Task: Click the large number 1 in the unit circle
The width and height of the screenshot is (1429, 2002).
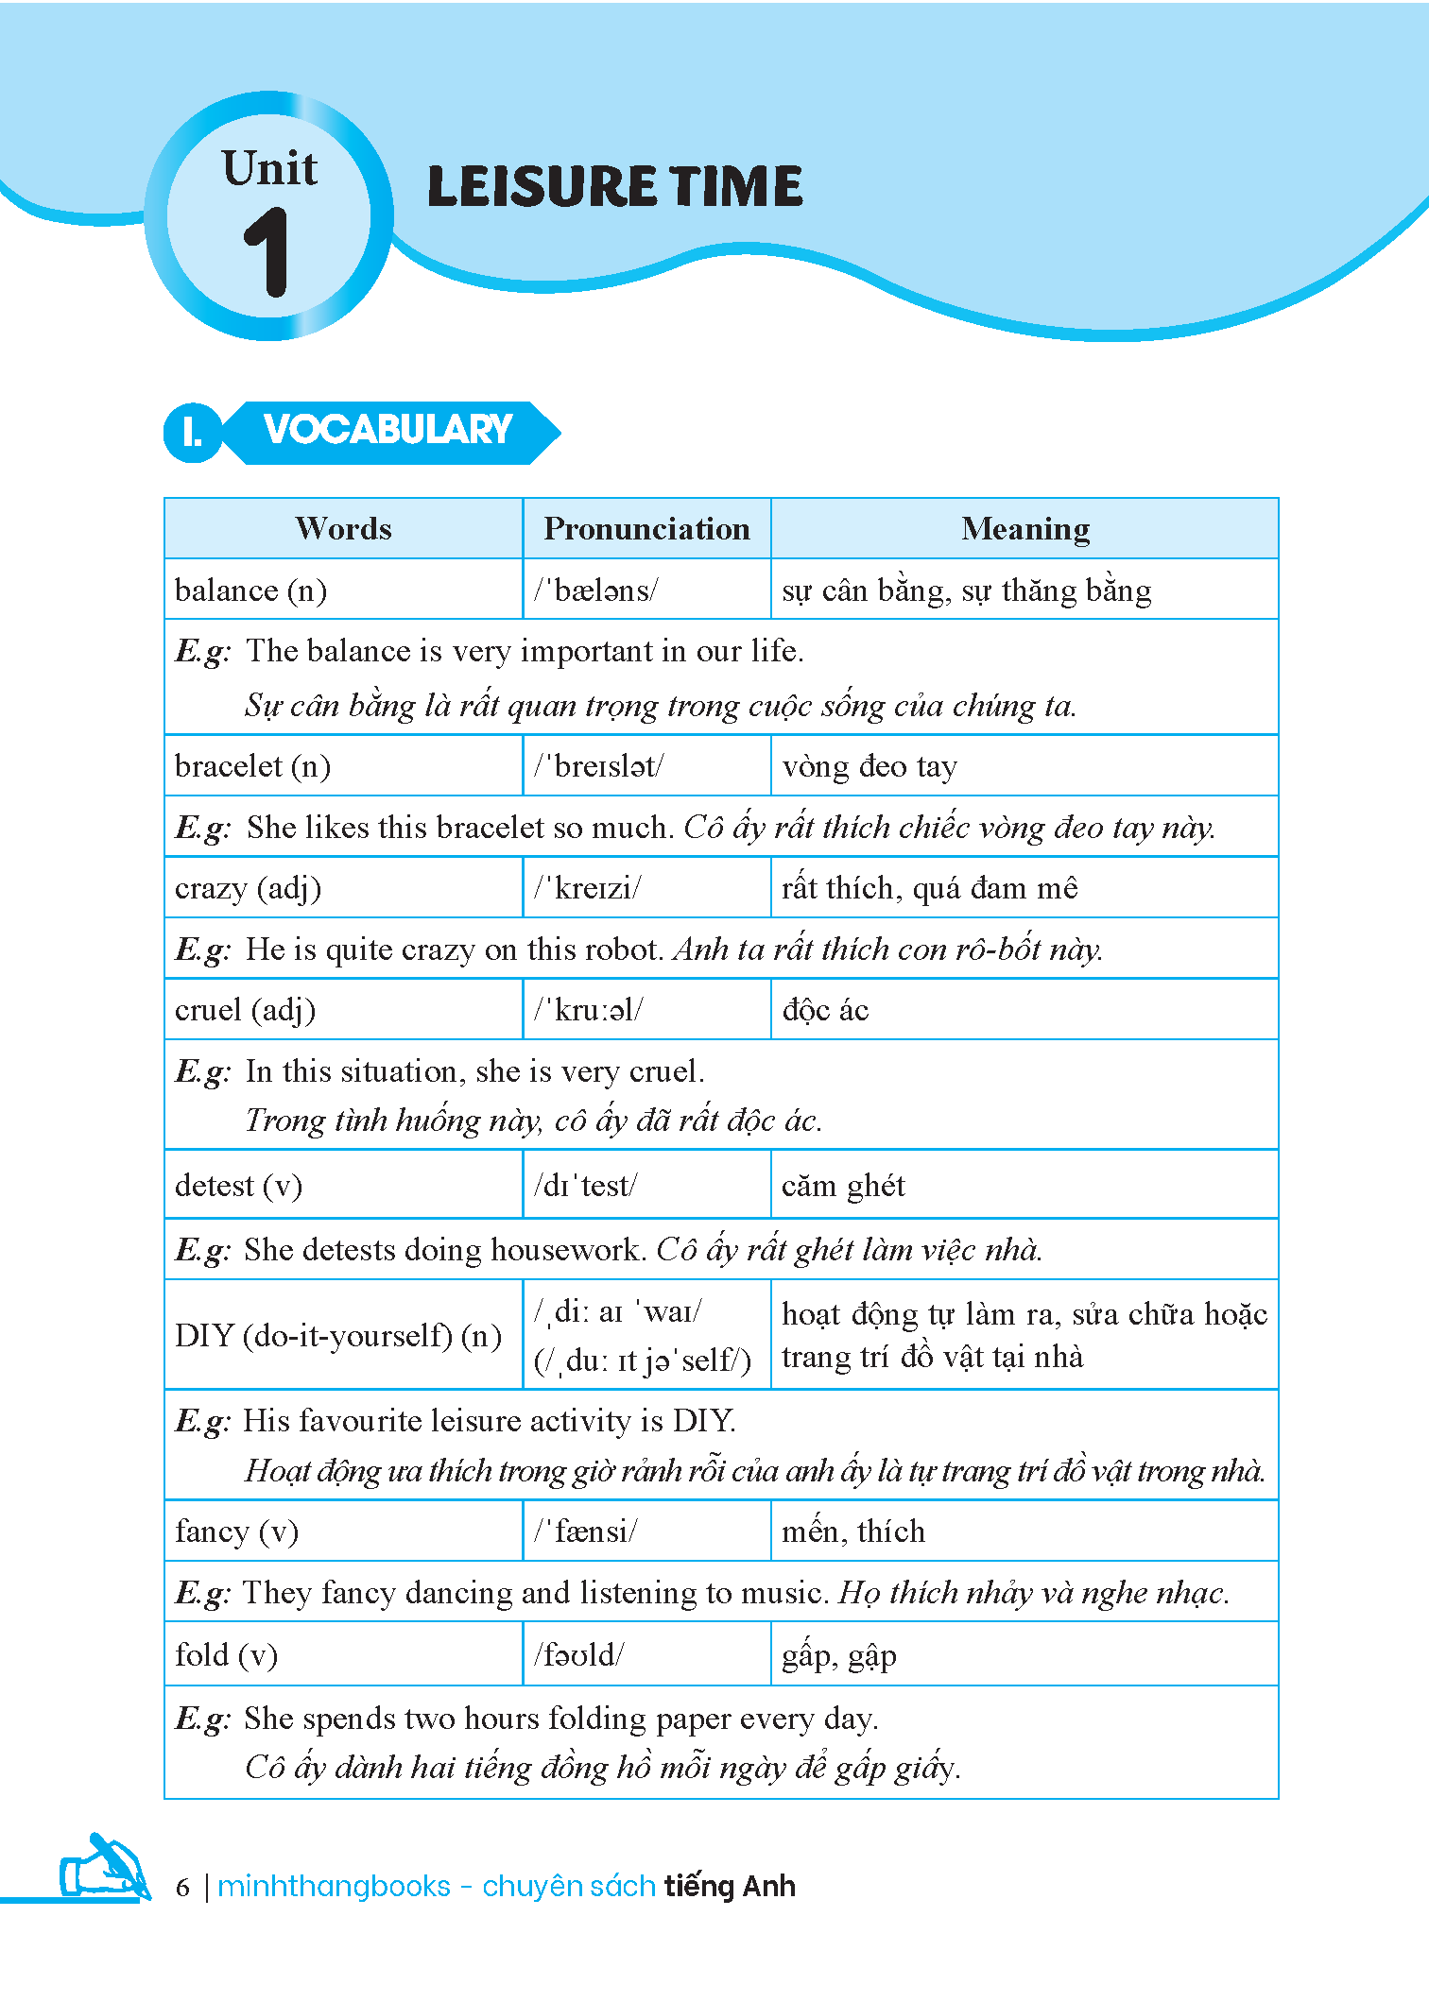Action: pyautogui.click(x=267, y=253)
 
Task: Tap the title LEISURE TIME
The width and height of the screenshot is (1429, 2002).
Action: pyautogui.click(x=614, y=186)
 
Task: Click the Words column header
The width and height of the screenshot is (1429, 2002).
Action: pyautogui.click(x=343, y=529)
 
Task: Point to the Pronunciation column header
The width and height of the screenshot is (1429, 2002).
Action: pyautogui.click(x=646, y=529)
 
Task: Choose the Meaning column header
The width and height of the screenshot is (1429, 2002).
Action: pyautogui.click(x=1024, y=529)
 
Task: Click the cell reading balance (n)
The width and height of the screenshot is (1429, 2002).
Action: pyautogui.click(x=251, y=590)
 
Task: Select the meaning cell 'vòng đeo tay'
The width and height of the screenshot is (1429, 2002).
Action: pyautogui.click(x=869, y=766)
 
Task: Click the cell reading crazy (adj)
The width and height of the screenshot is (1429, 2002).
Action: pyautogui.click(x=249, y=888)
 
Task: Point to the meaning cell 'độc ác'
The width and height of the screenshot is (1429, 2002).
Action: pyautogui.click(x=825, y=1010)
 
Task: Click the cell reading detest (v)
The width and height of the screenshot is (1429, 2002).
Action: pyautogui.click(x=239, y=1185)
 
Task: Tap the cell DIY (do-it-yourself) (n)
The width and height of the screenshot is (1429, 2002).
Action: pyautogui.click(x=338, y=1336)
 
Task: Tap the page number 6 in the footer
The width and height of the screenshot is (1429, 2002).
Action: pyautogui.click(x=183, y=1888)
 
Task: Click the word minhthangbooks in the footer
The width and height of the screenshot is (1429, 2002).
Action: pyautogui.click(x=334, y=1887)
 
